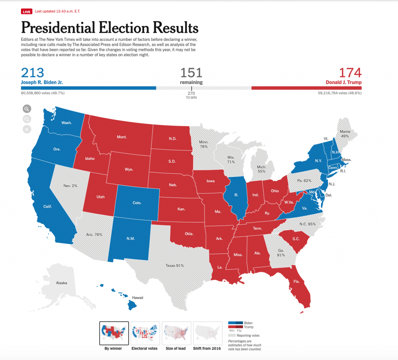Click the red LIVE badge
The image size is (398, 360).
(26, 12)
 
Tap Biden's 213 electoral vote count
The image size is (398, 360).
(33, 73)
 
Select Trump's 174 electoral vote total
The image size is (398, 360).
(350, 73)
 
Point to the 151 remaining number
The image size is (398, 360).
(191, 73)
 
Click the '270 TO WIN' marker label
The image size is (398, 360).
(191, 95)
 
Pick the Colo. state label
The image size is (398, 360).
(137, 203)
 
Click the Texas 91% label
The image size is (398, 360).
(175, 266)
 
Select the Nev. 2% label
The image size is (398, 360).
(70, 186)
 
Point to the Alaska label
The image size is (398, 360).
(61, 283)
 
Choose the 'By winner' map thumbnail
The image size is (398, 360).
(114, 333)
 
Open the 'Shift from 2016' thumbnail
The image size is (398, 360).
(207, 333)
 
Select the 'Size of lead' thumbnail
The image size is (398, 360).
(176, 333)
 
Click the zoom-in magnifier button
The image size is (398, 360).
(27, 109)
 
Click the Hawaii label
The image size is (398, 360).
(137, 298)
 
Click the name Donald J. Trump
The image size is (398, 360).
(344, 82)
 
